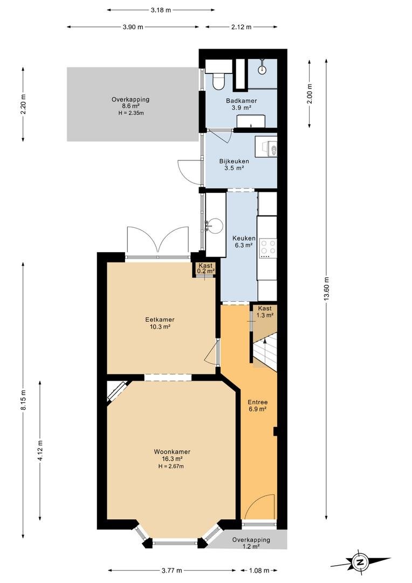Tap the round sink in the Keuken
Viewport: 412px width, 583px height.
point(215,225)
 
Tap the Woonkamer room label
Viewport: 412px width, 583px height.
point(173,452)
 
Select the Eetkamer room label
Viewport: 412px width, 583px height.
point(160,320)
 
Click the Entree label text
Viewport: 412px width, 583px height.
point(258,402)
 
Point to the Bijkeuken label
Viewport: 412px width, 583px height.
point(234,161)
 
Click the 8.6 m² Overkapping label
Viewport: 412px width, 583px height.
point(131,103)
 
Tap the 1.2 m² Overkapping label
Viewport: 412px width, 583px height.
point(251,543)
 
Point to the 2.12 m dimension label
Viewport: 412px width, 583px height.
point(242,27)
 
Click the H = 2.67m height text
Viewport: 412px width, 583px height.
point(171,466)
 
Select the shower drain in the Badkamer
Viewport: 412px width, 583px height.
point(263,69)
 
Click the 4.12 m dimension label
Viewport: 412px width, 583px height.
point(40,450)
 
